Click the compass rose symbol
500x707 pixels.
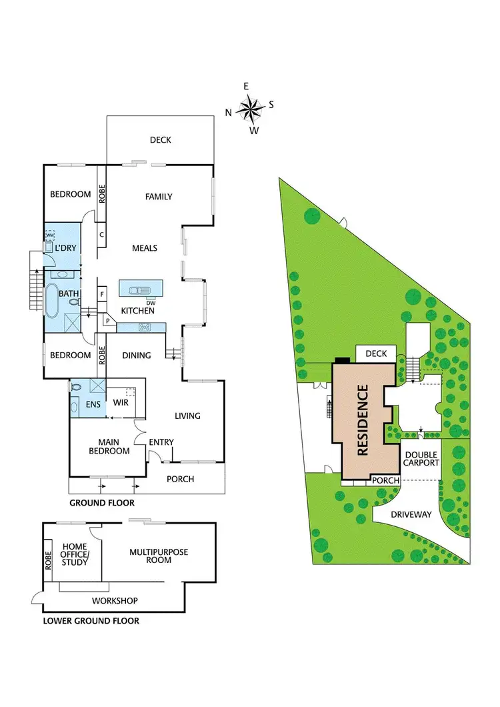(x=250, y=107)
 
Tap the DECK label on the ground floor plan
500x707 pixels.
(x=160, y=140)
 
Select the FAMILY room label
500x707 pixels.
(x=159, y=197)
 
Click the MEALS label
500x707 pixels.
(x=145, y=248)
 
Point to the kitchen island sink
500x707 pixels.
(x=137, y=289)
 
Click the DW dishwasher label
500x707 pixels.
(x=151, y=302)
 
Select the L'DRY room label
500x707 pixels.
(x=66, y=249)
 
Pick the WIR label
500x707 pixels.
(x=121, y=403)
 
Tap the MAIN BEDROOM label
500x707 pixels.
(x=113, y=446)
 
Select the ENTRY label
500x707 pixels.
(x=161, y=442)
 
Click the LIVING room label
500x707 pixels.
(x=187, y=416)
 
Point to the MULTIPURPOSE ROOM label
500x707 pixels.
(x=159, y=556)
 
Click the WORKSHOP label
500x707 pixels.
(x=115, y=601)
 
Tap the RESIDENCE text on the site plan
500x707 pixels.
(x=363, y=420)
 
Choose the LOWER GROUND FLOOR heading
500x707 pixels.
(x=91, y=621)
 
